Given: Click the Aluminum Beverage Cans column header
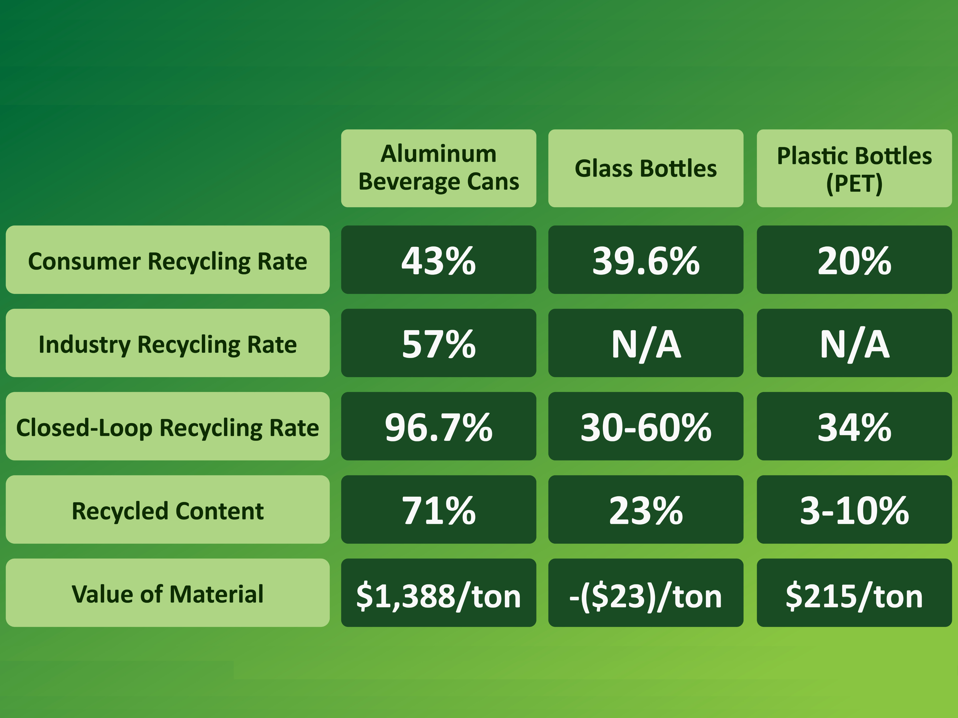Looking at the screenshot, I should pos(438,168).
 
